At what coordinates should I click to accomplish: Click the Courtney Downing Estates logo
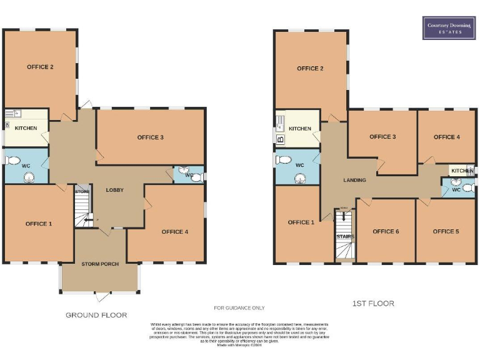[x=449, y=27]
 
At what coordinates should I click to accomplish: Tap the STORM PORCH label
[x=100, y=264]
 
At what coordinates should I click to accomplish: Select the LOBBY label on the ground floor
[x=115, y=190]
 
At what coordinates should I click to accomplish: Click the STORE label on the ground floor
[x=82, y=191]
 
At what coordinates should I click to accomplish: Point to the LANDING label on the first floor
[x=354, y=180]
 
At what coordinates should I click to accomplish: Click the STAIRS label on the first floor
[x=345, y=236]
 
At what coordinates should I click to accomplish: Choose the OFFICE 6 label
[x=386, y=231]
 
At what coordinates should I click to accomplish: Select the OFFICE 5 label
[x=446, y=231]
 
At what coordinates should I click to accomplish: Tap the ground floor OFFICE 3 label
[x=150, y=137]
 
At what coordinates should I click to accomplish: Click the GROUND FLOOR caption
[x=96, y=315]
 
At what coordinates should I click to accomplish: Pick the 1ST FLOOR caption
[x=373, y=303]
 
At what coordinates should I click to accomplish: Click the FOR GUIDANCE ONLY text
[x=239, y=307]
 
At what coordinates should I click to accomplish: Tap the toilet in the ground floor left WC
[x=13, y=160]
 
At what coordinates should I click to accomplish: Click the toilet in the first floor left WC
[x=284, y=159]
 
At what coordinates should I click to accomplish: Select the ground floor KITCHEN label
[x=26, y=129]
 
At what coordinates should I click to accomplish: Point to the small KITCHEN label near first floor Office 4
[x=462, y=171]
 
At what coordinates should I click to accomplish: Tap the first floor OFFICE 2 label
[x=310, y=68]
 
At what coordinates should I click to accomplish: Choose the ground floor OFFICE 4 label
[x=174, y=232]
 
